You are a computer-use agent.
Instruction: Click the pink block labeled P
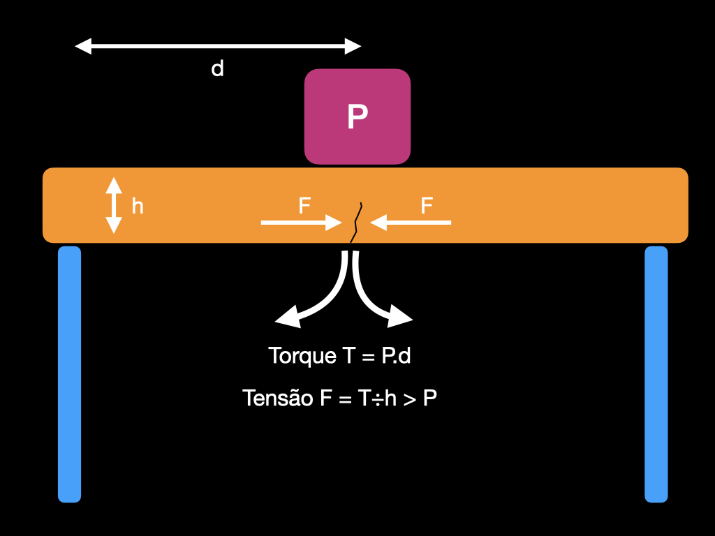pos(357,117)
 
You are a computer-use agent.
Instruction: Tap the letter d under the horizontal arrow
pos(217,69)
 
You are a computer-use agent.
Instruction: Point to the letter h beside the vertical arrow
pos(138,206)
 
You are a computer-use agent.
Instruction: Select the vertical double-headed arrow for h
pos(114,205)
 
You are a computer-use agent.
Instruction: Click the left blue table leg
pos(69,374)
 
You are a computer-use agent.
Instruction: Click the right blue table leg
pos(656,374)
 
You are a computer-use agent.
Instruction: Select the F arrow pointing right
pos(300,223)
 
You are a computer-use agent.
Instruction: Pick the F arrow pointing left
pos(412,223)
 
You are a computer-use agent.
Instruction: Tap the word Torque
pos(302,356)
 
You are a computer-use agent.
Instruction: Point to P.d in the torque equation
pos(396,356)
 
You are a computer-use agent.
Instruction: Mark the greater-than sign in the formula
pos(409,399)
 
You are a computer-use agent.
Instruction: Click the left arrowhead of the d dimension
pos(83,47)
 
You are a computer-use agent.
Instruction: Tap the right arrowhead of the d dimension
pos(353,47)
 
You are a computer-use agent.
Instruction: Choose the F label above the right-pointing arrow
pos(304,206)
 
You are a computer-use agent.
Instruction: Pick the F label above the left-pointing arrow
pos(427,206)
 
